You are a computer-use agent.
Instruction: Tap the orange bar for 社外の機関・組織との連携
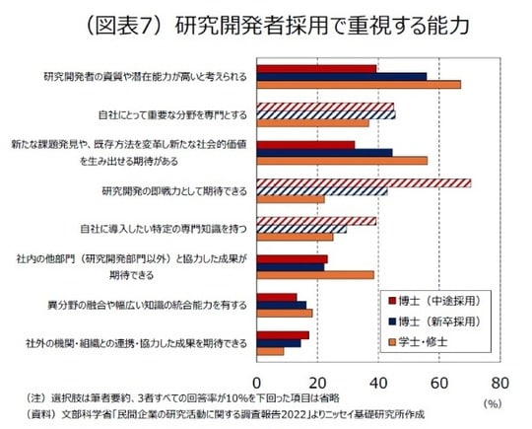[271, 351]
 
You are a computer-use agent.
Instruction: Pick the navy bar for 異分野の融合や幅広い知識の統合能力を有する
[282, 305]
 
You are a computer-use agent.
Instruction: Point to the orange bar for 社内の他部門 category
[315, 275]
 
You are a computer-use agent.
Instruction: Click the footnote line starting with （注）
[182, 396]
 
